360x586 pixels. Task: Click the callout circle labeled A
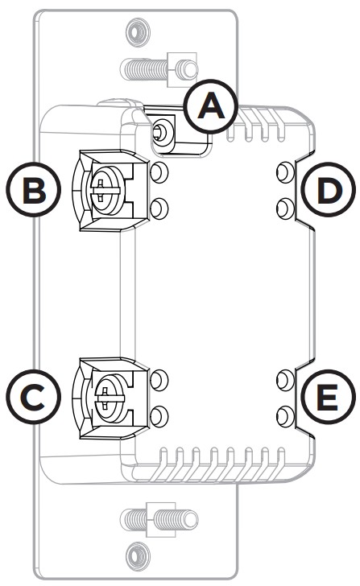tap(212, 106)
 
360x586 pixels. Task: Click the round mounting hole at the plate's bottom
tap(134, 553)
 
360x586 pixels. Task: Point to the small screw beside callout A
tap(163, 129)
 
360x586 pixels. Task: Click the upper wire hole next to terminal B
tap(159, 172)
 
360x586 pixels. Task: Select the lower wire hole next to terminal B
tap(159, 208)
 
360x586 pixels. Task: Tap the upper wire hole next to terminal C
tap(159, 378)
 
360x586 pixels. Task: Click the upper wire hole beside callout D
tap(283, 172)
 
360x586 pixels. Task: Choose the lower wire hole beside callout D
tap(283, 208)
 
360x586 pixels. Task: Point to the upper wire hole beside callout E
tap(283, 378)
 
